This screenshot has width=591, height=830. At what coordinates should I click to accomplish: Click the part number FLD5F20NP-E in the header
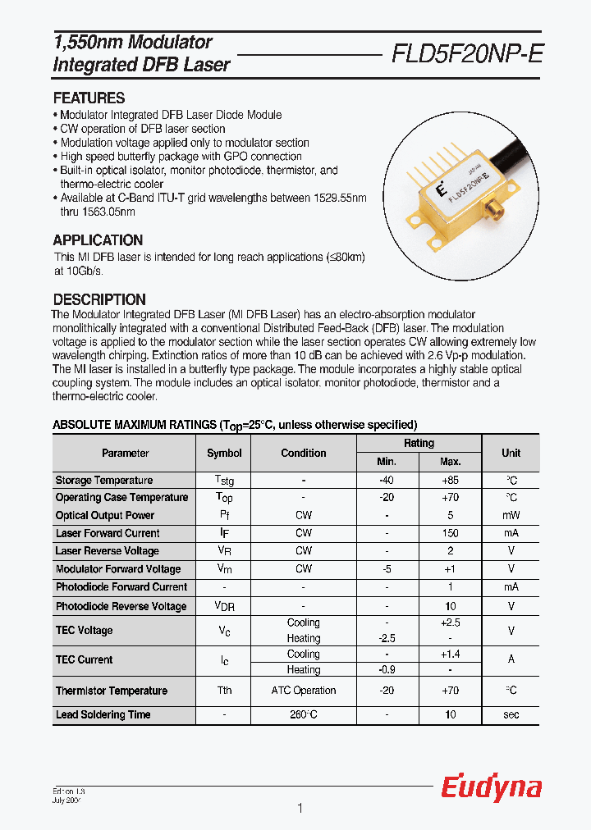466,53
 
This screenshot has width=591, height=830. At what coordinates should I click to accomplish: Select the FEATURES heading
89,98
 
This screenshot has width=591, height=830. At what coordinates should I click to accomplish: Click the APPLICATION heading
98,240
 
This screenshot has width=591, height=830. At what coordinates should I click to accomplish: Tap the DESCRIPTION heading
99,299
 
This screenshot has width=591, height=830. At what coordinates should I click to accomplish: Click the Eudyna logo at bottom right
491,788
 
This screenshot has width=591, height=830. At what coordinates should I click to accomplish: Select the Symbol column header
224,453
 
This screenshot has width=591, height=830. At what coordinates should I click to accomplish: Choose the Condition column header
304,453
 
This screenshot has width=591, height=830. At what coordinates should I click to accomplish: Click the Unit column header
511,453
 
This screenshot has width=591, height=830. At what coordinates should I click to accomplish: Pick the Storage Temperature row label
104,481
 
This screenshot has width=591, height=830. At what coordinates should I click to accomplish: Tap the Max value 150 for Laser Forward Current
450,533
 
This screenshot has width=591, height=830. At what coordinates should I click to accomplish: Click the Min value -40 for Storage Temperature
387,481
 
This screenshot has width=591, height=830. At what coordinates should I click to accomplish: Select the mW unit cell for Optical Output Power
511,516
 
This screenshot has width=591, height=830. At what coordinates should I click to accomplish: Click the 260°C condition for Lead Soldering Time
304,715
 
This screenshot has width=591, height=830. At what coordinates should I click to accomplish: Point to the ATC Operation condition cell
304,691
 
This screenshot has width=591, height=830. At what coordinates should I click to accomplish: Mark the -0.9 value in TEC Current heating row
387,670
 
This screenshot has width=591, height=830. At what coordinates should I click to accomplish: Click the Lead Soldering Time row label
103,715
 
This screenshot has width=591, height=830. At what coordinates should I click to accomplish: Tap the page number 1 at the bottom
300,809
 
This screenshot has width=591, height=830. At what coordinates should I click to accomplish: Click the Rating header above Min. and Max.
419,443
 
